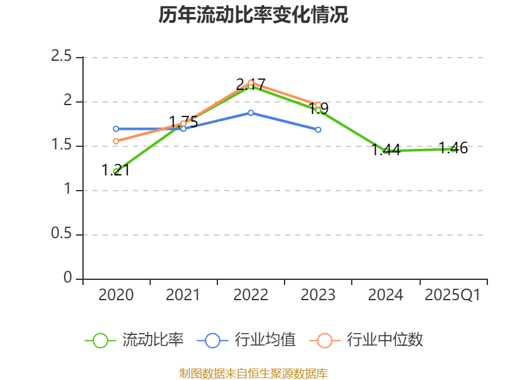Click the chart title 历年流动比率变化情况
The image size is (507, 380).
tap(253, 15)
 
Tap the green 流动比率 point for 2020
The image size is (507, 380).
tap(116, 171)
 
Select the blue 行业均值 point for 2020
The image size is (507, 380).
tap(116, 129)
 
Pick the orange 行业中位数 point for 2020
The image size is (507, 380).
tap(116, 141)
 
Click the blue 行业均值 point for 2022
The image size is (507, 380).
tap(251, 113)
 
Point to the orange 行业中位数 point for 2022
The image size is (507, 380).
tap(251, 83)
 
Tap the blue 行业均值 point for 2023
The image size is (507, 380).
tap(318, 129)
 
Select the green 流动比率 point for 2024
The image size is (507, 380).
tap(385, 150)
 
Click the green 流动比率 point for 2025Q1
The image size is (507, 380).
tap(452, 149)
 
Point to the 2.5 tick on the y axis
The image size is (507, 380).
tap(61, 57)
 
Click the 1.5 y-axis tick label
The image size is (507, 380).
tap(61, 146)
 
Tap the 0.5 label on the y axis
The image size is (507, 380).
tap(61, 234)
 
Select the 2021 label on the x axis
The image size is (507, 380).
tap(183, 294)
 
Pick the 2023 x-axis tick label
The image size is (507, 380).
tap(318, 294)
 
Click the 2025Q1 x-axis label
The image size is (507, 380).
tap(452, 294)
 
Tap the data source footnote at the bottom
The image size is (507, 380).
tap(253, 373)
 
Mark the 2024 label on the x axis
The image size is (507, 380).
tap(385, 294)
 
